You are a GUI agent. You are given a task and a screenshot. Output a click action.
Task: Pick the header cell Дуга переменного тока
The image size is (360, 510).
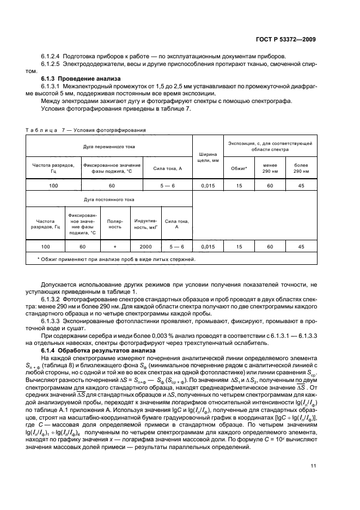(109, 147)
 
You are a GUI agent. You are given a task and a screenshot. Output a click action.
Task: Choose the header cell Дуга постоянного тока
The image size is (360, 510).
(108, 200)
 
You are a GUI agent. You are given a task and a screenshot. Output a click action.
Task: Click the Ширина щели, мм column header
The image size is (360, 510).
(208, 156)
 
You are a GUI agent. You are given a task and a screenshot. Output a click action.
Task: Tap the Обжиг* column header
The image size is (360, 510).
(239, 168)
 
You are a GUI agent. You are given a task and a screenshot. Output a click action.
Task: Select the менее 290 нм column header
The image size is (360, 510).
(270, 168)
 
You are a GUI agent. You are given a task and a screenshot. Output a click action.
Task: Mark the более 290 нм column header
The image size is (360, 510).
(301, 168)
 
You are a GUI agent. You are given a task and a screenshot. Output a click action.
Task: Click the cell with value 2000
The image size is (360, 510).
(145, 247)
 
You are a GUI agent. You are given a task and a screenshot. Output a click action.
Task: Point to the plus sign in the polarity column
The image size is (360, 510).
(115, 247)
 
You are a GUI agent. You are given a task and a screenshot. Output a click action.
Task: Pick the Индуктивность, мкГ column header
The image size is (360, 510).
(145, 224)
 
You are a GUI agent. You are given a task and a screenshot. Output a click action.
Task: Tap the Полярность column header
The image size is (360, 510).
(115, 224)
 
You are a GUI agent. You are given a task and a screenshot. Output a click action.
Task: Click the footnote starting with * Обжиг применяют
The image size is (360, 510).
(116, 259)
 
